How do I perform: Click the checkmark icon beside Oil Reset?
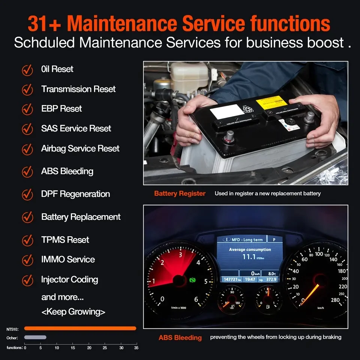(x=27, y=70)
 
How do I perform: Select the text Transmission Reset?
(x=78, y=89)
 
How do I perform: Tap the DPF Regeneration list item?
(x=75, y=194)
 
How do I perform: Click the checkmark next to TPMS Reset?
(x=27, y=240)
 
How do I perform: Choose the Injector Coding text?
(x=69, y=280)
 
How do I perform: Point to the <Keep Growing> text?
(x=73, y=312)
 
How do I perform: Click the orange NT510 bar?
(x=80, y=328)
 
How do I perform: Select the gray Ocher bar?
(x=35, y=337)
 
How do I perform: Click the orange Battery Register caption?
(x=180, y=194)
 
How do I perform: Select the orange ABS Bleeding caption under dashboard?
(x=180, y=338)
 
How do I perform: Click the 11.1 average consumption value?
(x=249, y=257)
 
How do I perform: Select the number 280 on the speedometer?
(x=335, y=300)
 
